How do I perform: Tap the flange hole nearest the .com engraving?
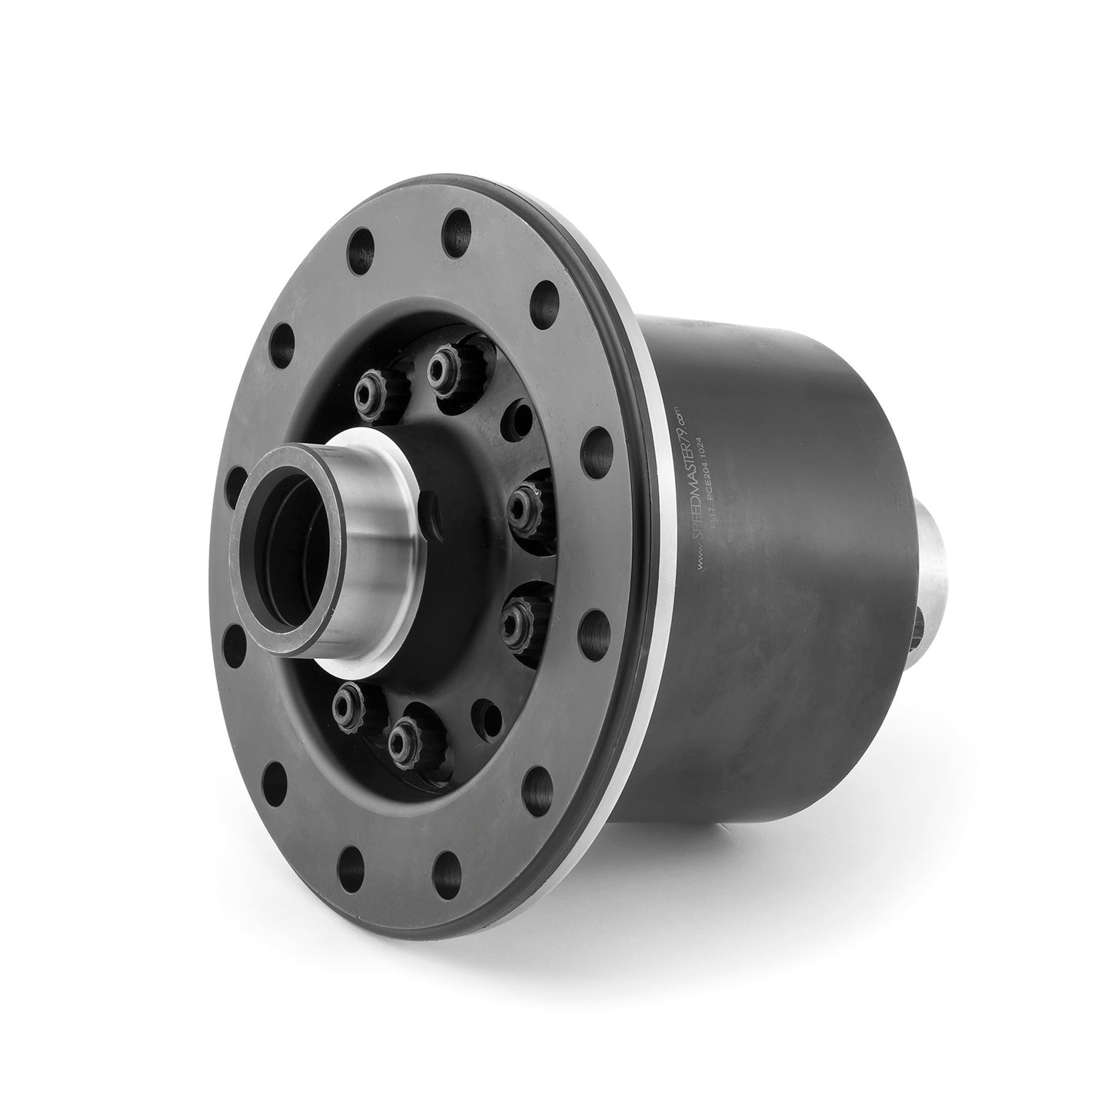point(592,444)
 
